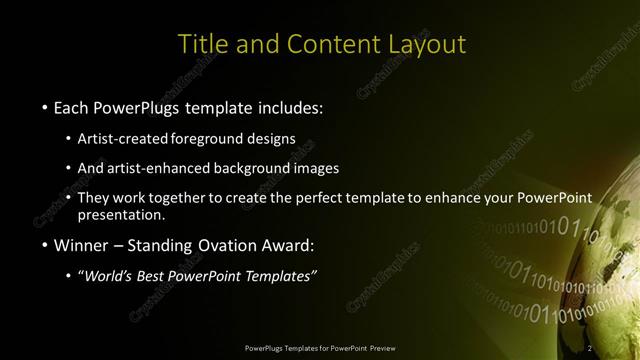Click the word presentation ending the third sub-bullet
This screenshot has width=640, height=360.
[120, 214]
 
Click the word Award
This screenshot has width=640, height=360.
[289, 243]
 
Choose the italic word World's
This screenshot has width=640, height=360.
[108, 275]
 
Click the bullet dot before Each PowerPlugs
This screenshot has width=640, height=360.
[45, 107]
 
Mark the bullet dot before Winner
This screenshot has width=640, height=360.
[45, 244]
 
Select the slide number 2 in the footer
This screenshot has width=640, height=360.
[590, 347]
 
